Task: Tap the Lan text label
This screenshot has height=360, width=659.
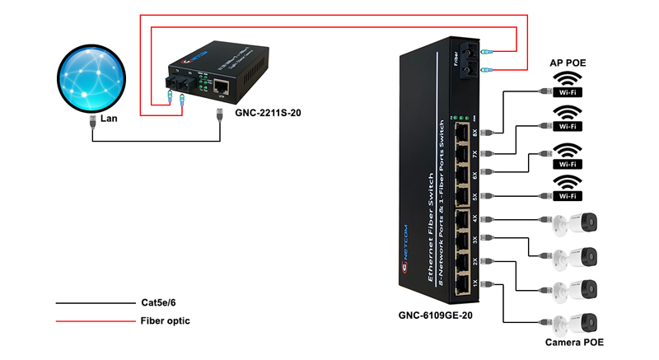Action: click(x=110, y=119)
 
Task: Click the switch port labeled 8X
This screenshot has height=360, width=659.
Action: click(x=461, y=133)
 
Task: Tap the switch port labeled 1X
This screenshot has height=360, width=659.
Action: click(x=461, y=283)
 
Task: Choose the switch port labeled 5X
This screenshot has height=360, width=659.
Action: click(x=461, y=196)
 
